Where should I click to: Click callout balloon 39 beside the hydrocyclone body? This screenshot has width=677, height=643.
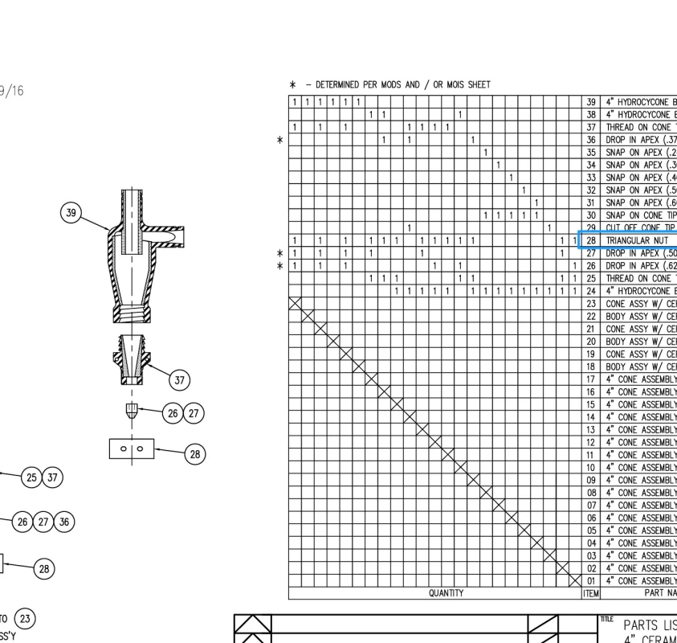[x=72, y=212]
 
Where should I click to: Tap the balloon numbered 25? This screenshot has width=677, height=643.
[x=32, y=477]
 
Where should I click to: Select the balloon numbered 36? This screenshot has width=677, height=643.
[x=64, y=522]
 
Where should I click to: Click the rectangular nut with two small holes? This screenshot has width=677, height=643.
[x=131, y=448]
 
